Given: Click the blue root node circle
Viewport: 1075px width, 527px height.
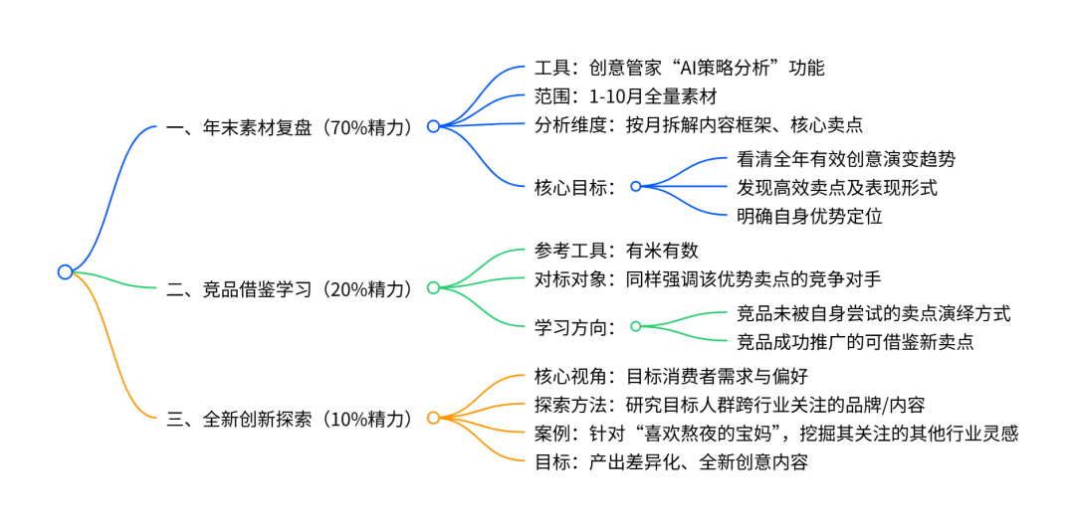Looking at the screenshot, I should click(65, 271).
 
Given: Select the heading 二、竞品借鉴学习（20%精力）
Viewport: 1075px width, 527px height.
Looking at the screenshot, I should click(289, 288).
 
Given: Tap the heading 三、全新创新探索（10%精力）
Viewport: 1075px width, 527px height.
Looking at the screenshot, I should click(289, 419).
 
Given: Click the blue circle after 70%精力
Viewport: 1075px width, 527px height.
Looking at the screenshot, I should click(433, 126).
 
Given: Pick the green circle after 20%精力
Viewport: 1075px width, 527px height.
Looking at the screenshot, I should click(433, 288).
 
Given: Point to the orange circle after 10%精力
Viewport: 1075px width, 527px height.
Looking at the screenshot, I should click(433, 419).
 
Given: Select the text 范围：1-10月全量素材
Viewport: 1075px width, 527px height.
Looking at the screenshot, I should click(625, 97).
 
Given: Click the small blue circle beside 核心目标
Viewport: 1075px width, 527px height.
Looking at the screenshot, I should click(636, 186).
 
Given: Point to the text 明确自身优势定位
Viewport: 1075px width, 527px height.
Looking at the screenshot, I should click(809, 215).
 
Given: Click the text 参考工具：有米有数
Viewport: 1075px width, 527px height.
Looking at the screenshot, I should click(616, 252).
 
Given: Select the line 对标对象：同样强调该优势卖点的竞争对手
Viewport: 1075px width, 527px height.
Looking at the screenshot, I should click(708, 279).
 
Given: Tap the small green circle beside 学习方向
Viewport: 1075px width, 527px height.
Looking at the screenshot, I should click(636, 325).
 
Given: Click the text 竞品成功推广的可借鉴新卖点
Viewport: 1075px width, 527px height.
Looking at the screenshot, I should click(855, 342).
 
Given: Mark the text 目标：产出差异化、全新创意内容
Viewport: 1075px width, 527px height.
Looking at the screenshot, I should click(671, 461).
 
